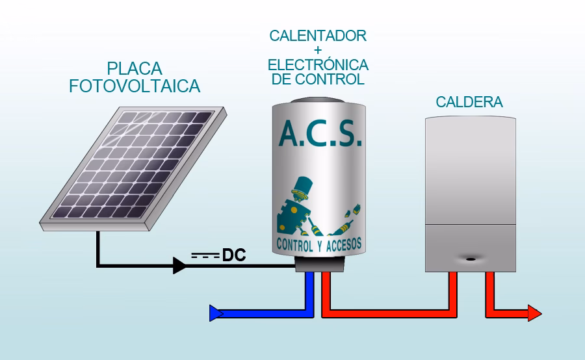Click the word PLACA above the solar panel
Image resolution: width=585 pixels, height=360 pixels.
[x=135, y=69]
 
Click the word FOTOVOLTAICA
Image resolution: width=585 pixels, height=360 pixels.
[x=135, y=86]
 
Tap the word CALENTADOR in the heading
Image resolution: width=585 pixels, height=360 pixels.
[x=318, y=35]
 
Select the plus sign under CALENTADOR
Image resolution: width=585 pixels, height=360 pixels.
[x=318, y=50]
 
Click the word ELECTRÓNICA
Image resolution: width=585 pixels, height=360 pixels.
[x=318, y=66]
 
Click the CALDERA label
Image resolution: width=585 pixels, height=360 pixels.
[x=469, y=103]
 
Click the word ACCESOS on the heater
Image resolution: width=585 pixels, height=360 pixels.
[x=337, y=244]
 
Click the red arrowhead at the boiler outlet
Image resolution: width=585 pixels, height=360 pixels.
[x=534, y=314]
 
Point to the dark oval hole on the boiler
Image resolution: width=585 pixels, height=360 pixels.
[x=470, y=257]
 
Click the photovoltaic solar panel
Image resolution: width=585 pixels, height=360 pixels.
[x=133, y=168]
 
